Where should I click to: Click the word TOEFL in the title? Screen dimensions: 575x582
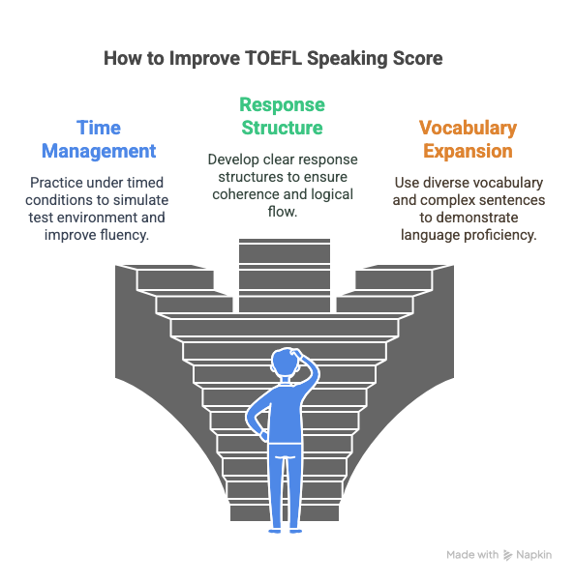(x=274, y=58)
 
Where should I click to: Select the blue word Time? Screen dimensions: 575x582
(x=99, y=128)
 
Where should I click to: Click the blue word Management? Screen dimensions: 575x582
(x=99, y=151)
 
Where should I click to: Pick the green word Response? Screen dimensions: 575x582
(x=282, y=105)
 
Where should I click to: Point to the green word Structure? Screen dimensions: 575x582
(x=282, y=128)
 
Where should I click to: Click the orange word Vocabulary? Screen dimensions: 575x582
(x=468, y=129)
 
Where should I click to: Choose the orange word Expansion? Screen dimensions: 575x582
(x=468, y=152)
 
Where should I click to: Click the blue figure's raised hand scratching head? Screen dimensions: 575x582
(x=297, y=352)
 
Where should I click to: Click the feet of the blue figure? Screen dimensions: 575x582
(x=286, y=531)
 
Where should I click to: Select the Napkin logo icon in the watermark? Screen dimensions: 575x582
(x=508, y=555)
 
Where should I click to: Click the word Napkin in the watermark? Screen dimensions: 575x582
(x=533, y=555)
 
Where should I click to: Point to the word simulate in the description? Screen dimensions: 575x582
(x=141, y=200)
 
